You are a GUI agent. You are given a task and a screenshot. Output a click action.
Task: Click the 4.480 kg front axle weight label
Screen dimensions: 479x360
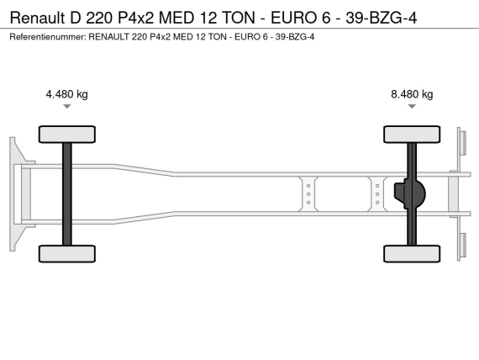[66, 94]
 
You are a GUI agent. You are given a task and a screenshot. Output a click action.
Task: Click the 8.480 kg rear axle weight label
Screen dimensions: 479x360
[412, 94]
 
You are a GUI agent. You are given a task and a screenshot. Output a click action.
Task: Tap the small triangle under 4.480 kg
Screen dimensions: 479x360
[67, 106]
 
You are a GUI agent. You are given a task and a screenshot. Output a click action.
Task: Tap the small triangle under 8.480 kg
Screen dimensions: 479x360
[412, 106]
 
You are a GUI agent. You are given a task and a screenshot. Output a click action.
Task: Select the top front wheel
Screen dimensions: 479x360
[67, 135]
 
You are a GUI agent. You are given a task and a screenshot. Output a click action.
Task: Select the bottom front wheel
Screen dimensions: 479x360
[67, 254]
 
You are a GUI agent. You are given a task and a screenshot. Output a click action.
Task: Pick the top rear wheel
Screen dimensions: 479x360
[412, 135]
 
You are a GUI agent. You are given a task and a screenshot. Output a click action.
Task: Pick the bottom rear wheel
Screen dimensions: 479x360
[412, 254]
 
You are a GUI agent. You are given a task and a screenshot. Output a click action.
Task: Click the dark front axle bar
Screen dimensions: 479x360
[67, 194]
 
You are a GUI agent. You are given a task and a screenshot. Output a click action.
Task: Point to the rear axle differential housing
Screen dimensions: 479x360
[409, 194]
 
